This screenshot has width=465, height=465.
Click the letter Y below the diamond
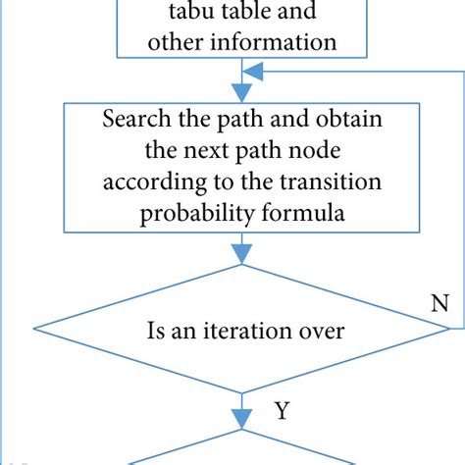click(281, 411)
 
